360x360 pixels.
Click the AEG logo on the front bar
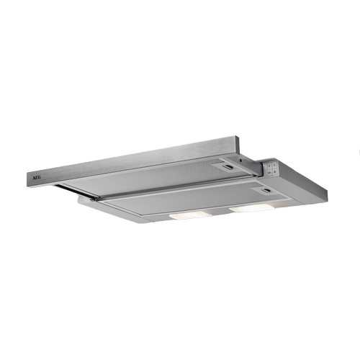click(37, 178)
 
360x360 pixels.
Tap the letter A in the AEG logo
click(34, 178)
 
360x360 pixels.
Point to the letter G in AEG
click(40, 178)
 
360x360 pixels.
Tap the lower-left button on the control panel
click(269, 172)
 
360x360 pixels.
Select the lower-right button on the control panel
click(274, 171)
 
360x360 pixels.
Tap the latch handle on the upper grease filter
click(227, 167)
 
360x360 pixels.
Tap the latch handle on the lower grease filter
click(266, 191)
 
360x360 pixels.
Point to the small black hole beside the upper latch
click(240, 160)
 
